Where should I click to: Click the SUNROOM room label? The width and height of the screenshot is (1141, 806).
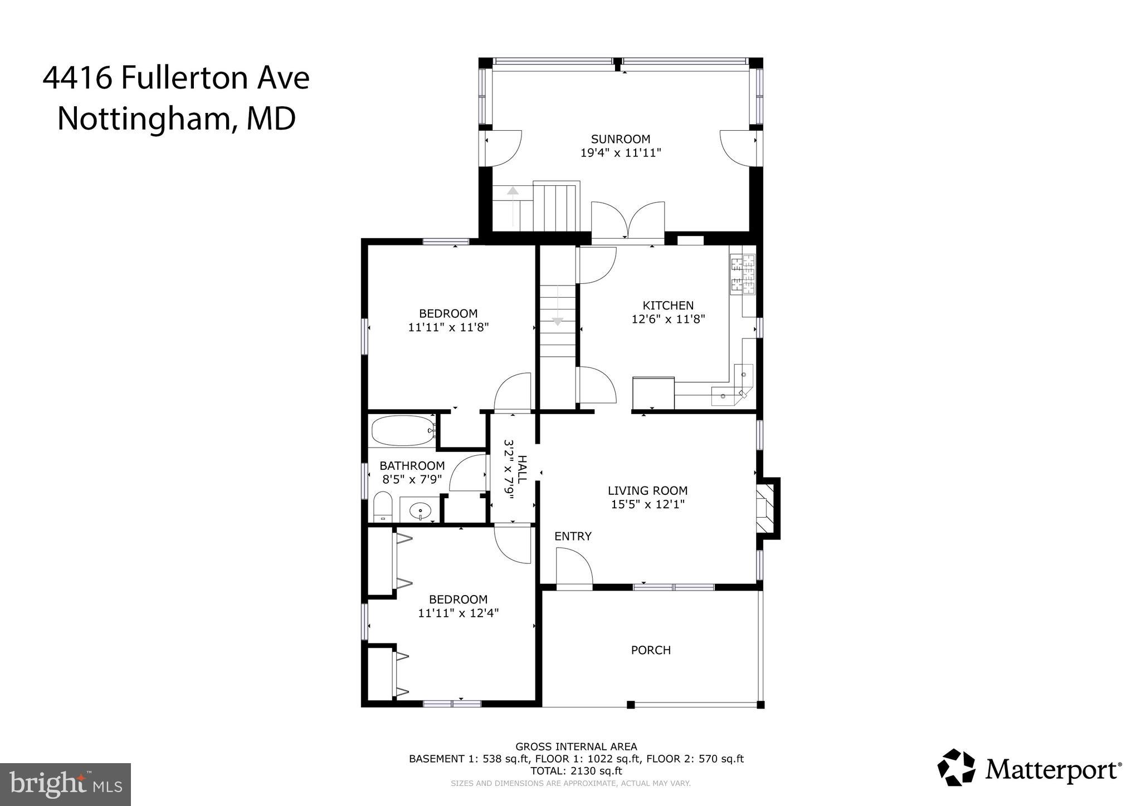(x=620, y=139)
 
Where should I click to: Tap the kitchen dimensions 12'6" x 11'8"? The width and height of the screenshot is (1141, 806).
(x=668, y=320)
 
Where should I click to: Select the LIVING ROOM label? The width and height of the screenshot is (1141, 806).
(x=647, y=491)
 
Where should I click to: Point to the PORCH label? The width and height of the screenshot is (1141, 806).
(x=651, y=650)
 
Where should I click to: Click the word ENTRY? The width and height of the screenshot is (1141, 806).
(x=573, y=537)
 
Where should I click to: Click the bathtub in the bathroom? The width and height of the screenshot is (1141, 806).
(x=402, y=431)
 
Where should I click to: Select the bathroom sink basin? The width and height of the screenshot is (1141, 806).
(x=420, y=510)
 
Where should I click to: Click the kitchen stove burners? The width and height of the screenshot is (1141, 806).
(x=743, y=274)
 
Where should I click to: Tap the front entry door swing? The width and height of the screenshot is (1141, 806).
(x=574, y=568)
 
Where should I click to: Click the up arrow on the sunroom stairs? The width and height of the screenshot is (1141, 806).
(x=513, y=191)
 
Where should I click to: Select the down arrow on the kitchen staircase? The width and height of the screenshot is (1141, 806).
(x=557, y=321)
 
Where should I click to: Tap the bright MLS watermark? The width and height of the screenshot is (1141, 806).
(x=66, y=784)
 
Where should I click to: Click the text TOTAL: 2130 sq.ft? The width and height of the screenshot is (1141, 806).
(x=576, y=771)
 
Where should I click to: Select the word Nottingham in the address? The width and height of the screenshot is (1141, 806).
(x=142, y=119)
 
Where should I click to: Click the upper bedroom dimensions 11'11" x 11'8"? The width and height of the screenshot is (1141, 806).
(x=448, y=328)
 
